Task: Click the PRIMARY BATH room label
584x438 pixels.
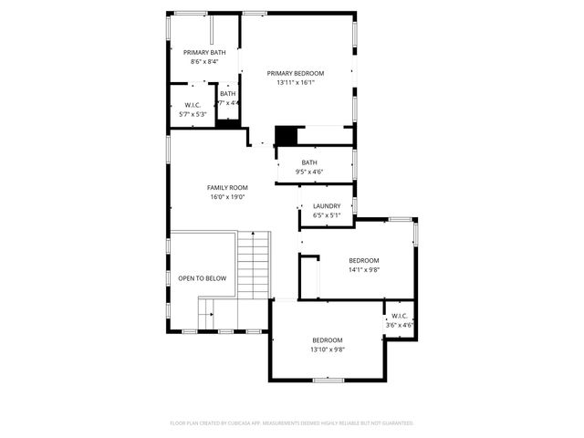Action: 204,53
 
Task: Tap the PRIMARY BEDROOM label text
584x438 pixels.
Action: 295,73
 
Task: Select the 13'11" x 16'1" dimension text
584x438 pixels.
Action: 295,83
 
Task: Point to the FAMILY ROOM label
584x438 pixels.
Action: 227,187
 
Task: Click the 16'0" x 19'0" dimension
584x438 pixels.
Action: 227,197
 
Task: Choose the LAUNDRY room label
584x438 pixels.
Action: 326,206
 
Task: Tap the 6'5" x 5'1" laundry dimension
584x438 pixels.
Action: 326,216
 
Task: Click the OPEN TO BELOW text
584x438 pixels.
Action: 202,278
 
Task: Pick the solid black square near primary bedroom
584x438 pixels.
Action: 287,135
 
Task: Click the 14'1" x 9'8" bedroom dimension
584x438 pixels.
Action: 363,269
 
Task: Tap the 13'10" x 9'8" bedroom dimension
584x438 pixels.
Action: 327,349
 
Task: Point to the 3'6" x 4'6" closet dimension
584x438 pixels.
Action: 399,325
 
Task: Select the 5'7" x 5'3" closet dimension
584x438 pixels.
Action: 192,114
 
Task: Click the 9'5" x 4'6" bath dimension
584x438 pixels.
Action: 309,172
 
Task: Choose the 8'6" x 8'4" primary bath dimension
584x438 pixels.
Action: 204,62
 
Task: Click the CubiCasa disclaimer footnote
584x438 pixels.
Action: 292,423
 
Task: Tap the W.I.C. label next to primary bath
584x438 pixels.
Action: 192,105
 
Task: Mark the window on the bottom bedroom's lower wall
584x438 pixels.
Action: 327,379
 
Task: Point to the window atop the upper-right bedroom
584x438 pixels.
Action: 399,219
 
